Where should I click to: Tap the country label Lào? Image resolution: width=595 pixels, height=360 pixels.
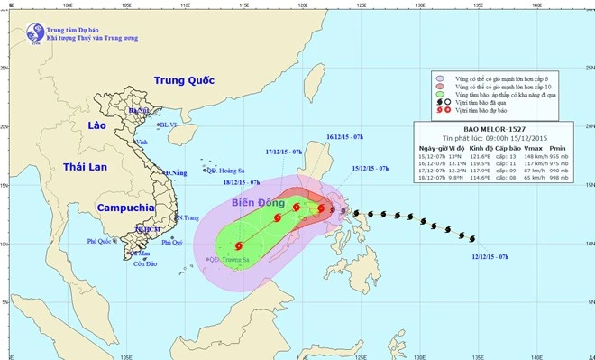[96, 126]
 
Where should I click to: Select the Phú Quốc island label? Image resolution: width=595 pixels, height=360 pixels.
[102, 241]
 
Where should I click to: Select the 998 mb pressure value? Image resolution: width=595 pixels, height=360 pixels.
[564, 179]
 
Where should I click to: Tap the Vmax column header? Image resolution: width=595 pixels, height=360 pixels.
[534, 146]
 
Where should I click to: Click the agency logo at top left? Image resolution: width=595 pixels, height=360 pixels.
[35, 32]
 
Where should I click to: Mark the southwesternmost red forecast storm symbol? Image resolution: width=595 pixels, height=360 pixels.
[239, 245]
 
